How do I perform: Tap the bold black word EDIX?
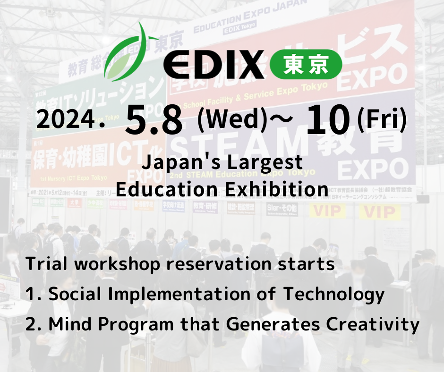click(x=214, y=65)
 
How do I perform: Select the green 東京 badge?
click(x=306, y=65)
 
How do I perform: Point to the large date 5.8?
click(x=154, y=120)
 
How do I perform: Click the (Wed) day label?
click(x=230, y=119)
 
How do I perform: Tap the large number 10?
click(x=329, y=119)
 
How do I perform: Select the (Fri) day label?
click(x=382, y=119)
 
